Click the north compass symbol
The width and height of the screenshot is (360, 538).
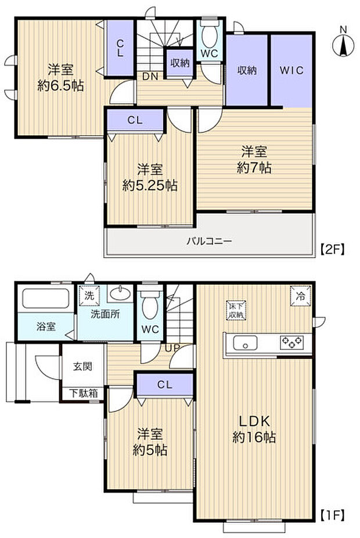343,44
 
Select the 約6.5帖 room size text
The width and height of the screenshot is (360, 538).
60,86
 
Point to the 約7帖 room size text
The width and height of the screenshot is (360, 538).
254,168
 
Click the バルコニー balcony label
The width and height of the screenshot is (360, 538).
209,240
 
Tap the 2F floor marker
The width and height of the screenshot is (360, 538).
333,250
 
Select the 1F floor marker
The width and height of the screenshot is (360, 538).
333,514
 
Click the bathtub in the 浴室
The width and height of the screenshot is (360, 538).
46,300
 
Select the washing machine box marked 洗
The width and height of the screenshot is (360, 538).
89,295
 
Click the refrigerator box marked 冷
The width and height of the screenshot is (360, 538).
301,295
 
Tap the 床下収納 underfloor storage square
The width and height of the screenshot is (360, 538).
236,310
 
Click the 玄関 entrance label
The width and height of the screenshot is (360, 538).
81,367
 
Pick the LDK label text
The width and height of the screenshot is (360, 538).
254,421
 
